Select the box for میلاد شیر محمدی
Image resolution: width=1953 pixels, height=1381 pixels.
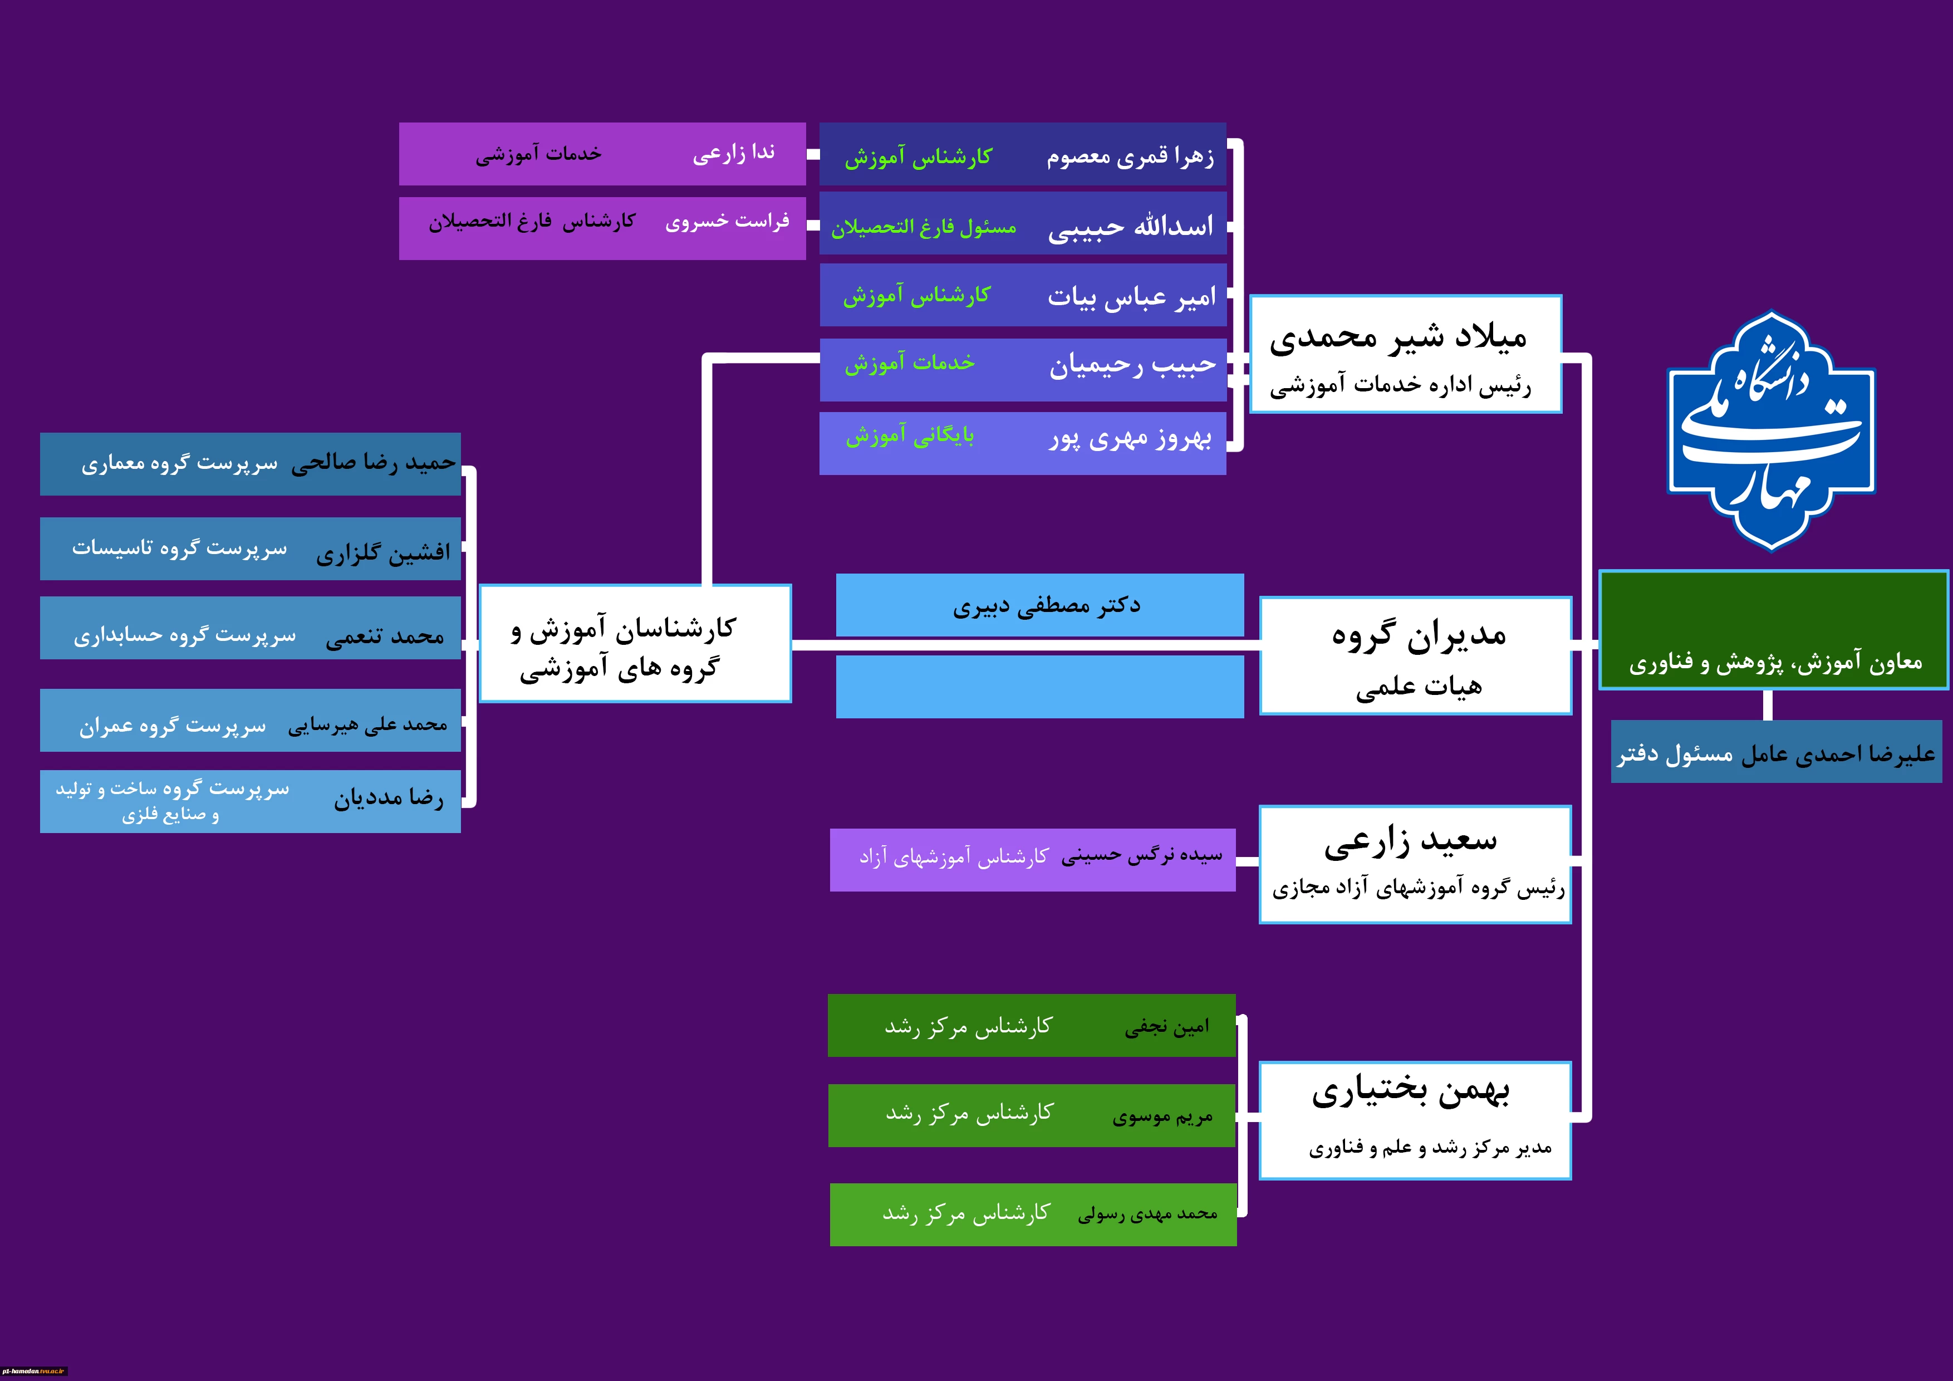(1405, 354)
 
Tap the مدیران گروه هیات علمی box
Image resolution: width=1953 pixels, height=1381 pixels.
(1415, 656)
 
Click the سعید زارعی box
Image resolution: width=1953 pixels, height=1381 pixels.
(1415, 864)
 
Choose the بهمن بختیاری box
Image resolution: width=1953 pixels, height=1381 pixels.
(1415, 1120)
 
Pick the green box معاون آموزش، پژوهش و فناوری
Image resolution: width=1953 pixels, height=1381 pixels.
(1774, 630)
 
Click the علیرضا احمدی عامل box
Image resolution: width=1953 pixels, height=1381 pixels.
(1776, 752)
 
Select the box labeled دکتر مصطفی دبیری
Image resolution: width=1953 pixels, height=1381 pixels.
(1039, 605)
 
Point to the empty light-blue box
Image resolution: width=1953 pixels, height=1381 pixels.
(1039, 687)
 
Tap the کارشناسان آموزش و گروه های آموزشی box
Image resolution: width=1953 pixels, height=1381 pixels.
(635, 643)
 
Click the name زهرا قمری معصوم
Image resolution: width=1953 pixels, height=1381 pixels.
(1131, 156)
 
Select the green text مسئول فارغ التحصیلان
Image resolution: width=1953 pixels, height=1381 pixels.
(924, 227)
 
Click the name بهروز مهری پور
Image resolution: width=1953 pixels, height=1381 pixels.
(1131, 438)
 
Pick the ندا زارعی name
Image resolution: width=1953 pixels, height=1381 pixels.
(733, 153)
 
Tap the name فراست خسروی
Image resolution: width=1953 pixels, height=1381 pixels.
(727, 221)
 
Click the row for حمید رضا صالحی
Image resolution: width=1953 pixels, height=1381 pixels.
(250, 464)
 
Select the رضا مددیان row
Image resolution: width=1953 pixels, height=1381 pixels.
(250, 801)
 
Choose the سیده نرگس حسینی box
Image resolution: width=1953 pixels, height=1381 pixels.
(1033, 859)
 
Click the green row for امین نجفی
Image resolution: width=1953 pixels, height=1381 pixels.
(1032, 1025)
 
